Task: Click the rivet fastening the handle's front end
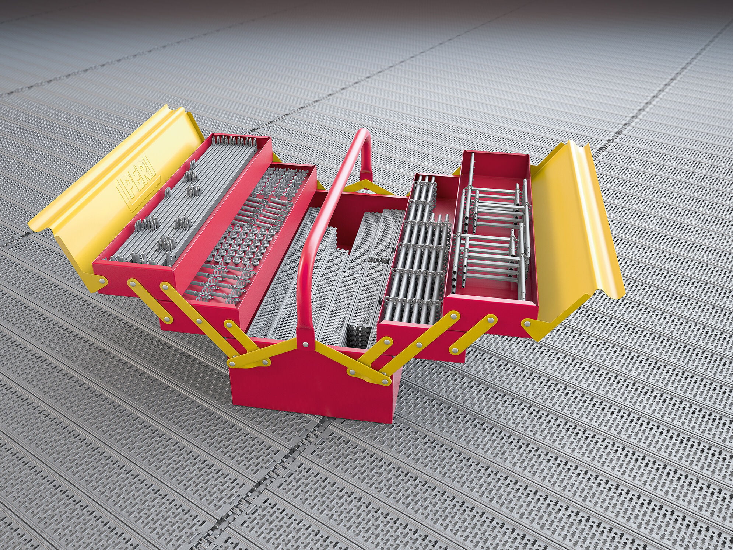point(305,344)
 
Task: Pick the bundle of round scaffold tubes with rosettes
point(416,251)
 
